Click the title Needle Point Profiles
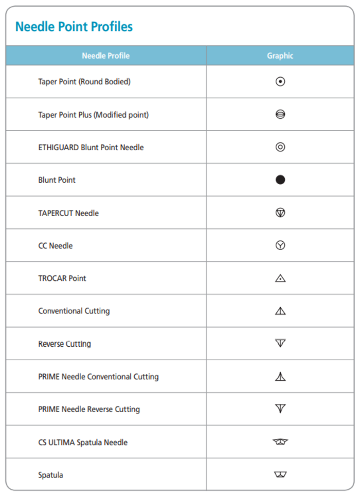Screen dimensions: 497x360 click(74, 27)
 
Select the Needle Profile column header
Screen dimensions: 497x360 click(105, 56)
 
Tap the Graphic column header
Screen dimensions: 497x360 click(280, 56)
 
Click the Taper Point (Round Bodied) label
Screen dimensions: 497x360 click(84, 81)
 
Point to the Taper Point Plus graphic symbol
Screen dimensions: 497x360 click(280, 115)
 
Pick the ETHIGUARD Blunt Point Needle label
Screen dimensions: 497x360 click(91, 147)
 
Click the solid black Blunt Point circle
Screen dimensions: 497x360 click(280, 180)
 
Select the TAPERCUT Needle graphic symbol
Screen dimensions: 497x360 click(280, 212)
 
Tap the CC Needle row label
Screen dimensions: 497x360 click(56, 245)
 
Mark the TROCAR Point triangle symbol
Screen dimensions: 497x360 click(280, 278)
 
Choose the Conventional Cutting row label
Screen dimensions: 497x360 click(74, 311)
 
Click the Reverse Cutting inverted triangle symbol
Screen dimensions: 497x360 click(280, 343)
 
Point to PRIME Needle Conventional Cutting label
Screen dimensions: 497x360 click(98, 377)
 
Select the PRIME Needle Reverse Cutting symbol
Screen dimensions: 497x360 click(280, 409)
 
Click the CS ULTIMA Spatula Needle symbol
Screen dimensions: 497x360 click(280, 441)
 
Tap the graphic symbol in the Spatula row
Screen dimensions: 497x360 click(280, 474)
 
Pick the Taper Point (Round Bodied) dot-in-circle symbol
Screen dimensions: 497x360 click(280, 81)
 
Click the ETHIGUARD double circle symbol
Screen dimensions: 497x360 click(280, 147)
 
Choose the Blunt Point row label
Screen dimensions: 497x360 click(57, 180)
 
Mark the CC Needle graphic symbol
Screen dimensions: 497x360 click(280, 245)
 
